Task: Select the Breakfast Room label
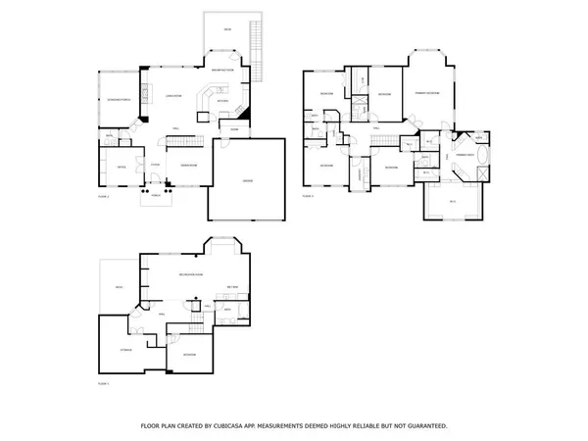(x=225, y=71)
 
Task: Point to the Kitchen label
(x=221, y=101)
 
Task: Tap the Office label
(x=122, y=167)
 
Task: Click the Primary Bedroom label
(x=425, y=92)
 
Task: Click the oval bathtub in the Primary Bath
(x=482, y=155)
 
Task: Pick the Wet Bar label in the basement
(x=233, y=287)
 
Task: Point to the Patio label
(x=118, y=286)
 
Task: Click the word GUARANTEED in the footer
(x=421, y=426)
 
